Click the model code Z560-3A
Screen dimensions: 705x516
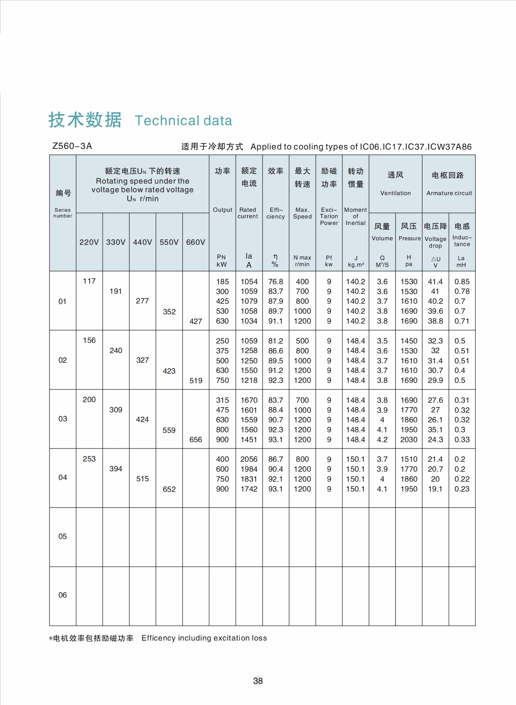point(72,146)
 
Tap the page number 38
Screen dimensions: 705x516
point(258,681)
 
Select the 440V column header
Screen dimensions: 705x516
point(142,242)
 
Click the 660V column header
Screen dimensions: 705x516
point(196,242)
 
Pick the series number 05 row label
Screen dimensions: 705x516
point(62,536)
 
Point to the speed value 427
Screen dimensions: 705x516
point(196,321)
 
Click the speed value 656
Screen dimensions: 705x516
point(196,440)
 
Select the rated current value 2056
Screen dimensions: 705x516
point(249,459)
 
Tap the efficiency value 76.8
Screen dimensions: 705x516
point(275,282)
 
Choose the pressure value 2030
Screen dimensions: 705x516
point(409,440)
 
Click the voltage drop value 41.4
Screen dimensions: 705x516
point(435,282)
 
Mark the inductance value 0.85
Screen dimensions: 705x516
point(462,282)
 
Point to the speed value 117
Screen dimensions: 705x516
point(89,281)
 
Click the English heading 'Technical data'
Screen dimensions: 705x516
point(183,121)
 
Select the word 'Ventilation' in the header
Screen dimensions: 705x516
point(395,193)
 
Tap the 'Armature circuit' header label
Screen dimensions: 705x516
point(449,193)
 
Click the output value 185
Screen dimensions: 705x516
point(222,282)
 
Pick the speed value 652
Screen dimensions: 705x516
point(169,489)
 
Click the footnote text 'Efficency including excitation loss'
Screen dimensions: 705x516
point(204,638)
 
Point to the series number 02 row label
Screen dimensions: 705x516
point(62,360)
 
